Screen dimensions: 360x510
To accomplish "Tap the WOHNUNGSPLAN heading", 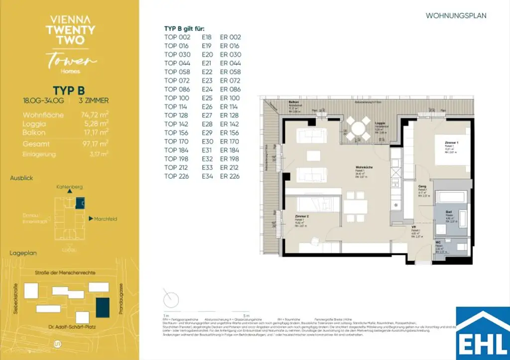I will coord(456,16).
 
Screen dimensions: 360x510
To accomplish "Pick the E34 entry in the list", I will coord(207,176).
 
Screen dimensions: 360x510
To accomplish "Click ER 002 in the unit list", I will coord(230,37).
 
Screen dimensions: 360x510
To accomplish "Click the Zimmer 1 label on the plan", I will coord(452,143).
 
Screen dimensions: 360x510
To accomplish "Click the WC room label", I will coord(438,243).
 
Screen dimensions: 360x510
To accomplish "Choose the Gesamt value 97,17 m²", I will coord(94,143).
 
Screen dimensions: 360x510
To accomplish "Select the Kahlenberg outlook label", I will coord(70,186).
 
